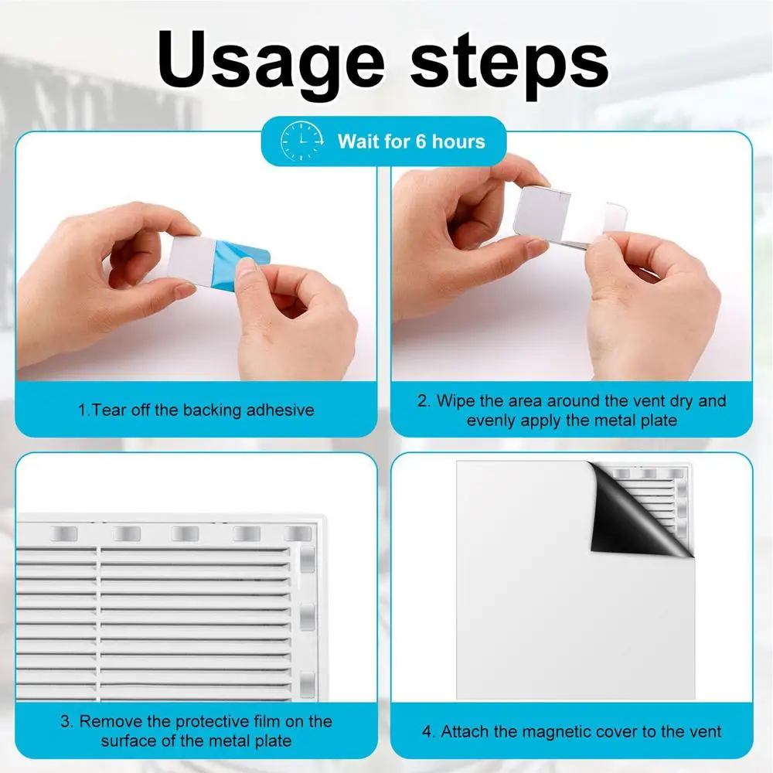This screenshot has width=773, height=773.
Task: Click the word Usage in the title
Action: tap(271, 63)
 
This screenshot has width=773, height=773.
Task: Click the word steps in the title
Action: tap(509, 63)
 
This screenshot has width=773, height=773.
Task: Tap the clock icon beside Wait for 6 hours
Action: tap(301, 141)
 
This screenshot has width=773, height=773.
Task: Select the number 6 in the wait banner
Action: tap(421, 141)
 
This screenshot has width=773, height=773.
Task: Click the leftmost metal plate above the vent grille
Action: tap(65, 533)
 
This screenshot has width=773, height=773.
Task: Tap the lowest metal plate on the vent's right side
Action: tap(307, 684)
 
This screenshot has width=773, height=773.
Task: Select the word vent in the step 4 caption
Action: tap(704, 731)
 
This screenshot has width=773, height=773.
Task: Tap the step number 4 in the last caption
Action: tap(427, 731)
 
